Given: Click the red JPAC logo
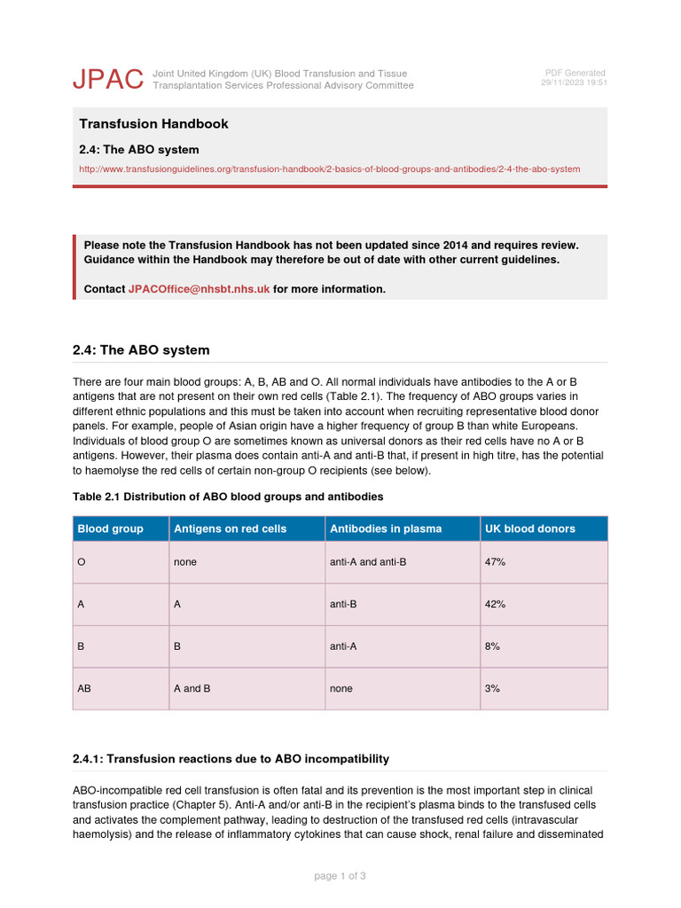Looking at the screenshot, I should (107, 79).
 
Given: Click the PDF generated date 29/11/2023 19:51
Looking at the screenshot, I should (573, 82).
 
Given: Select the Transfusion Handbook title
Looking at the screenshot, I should (153, 124).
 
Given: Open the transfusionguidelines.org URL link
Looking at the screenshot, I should (329, 168).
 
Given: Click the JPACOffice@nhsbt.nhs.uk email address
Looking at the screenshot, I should (199, 289).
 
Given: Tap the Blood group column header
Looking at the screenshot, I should (111, 528).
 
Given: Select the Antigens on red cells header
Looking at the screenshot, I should (230, 528).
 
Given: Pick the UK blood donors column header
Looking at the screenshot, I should (529, 528).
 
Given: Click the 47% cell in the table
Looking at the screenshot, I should (495, 562).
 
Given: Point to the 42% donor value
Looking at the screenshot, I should (495, 604).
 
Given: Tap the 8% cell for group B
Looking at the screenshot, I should (492, 646).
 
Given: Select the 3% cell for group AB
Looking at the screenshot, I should (492, 688).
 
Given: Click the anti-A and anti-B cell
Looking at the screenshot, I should (368, 562).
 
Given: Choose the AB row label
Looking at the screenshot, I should (84, 688).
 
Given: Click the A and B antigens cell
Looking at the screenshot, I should (192, 688).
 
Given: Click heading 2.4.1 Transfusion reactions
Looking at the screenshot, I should (231, 759).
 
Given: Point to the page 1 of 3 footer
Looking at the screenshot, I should (340, 876).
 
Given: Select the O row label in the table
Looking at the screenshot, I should (82, 562).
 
